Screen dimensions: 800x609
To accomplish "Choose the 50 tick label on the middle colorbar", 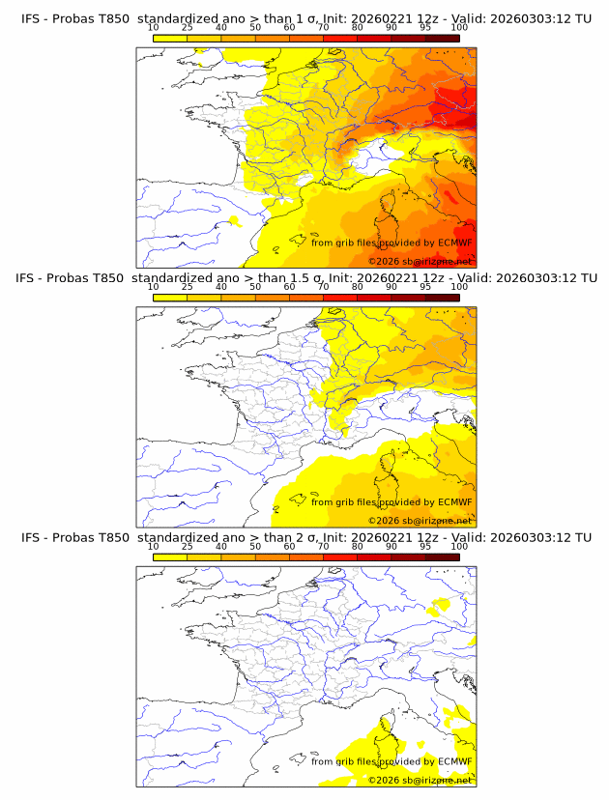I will coord(255,287).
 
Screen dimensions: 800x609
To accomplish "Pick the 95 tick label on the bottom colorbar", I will coord(425,546).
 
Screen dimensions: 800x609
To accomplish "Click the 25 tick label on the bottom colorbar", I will coord(188,546).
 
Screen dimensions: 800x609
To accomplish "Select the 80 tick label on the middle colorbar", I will coord(358,287).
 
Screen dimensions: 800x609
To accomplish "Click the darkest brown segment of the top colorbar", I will coord(443,37).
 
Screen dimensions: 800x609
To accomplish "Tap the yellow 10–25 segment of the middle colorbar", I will coord(170,297).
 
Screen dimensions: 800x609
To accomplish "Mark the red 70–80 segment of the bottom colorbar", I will coord(340,556).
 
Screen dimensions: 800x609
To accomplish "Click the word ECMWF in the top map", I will coord(454,243).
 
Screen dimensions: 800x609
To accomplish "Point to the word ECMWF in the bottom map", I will coord(454,761).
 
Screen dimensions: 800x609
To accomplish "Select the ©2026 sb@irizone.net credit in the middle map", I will coord(420,521).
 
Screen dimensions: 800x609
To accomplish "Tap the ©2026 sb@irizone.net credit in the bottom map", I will coord(420,780).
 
